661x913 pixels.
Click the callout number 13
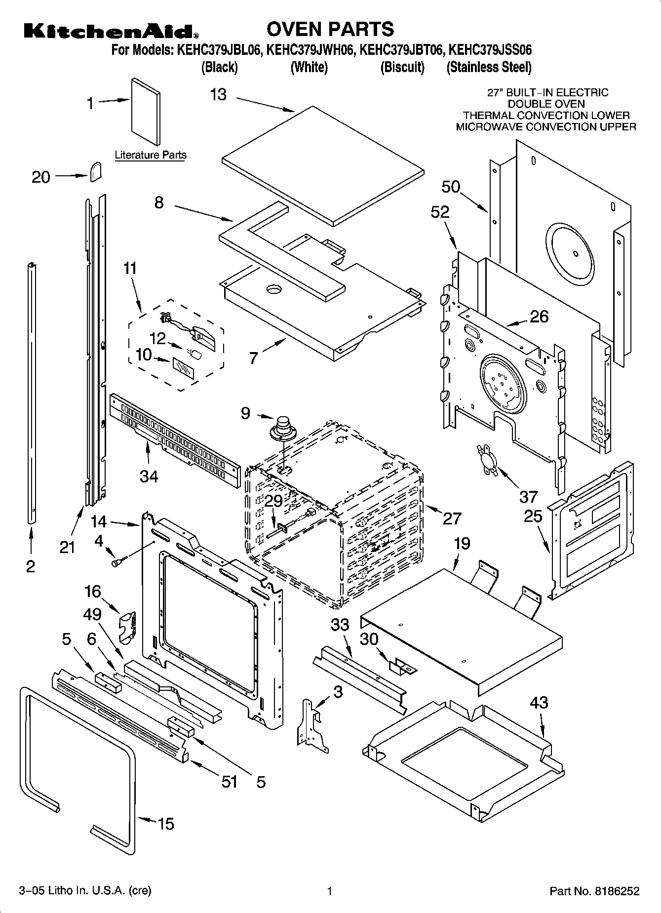pyautogui.click(x=218, y=94)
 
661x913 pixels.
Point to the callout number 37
pyautogui.click(x=528, y=496)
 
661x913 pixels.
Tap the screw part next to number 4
pyautogui.click(x=119, y=561)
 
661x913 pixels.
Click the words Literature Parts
pyautogui.click(x=151, y=155)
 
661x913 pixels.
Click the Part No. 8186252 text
pyautogui.click(x=594, y=891)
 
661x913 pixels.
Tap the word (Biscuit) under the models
pyautogui.click(x=402, y=67)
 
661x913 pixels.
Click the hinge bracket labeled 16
pyautogui.click(x=128, y=626)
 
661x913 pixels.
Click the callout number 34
pyautogui.click(x=149, y=476)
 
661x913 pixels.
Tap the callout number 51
pyautogui.click(x=230, y=781)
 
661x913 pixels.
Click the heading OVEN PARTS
pyautogui.click(x=330, y=29)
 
